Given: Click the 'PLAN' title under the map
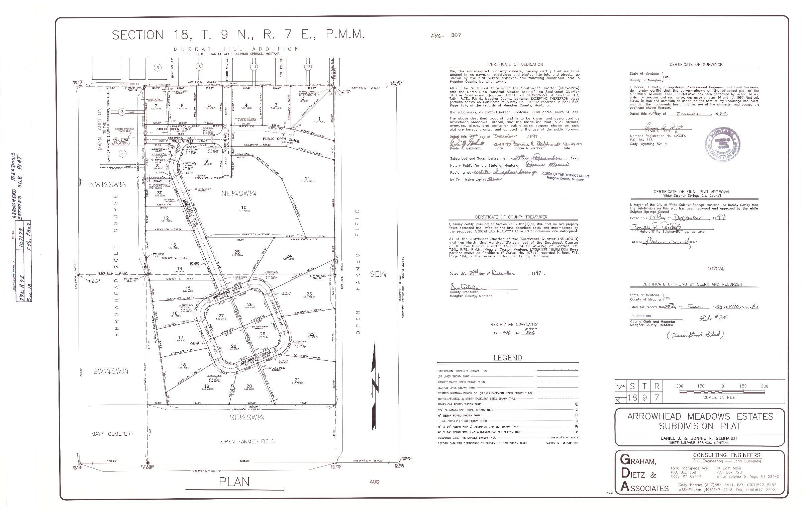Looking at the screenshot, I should coord(234,482).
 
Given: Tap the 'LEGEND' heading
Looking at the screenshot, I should coord(507,358).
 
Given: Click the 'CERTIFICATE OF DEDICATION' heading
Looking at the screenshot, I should coord(515,64).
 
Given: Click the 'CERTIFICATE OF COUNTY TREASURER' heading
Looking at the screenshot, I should coord(511,217).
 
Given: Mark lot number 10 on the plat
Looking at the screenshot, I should coord(244,207).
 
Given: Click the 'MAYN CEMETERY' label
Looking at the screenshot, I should coord(112,434).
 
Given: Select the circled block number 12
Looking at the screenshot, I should coord(308,67).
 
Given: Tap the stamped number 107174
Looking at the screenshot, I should coord(716,268).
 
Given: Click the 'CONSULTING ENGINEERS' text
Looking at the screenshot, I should coord(726,455).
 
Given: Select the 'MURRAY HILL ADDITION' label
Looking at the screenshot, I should coord(236,49).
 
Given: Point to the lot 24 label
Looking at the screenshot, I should coord(289,256).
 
